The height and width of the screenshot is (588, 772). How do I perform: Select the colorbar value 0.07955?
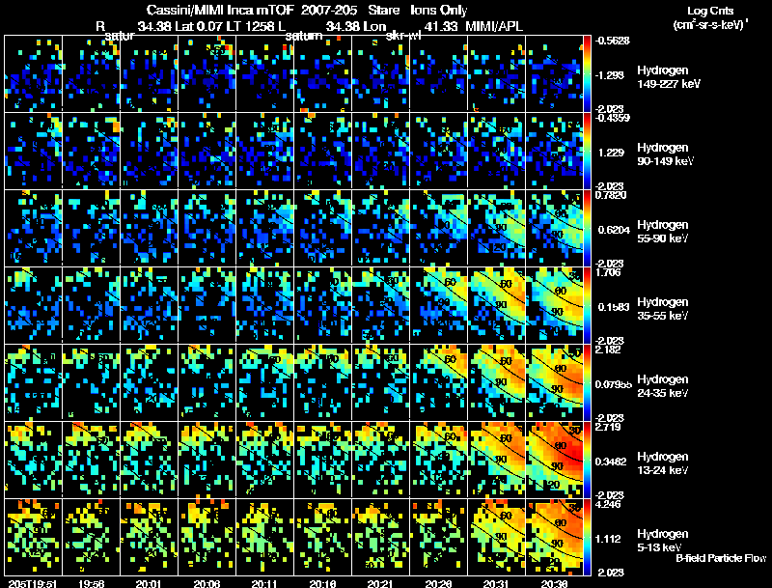tap(615, 383)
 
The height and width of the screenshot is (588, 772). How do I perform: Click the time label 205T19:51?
tap(31, 582)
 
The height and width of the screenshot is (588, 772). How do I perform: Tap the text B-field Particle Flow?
tap(722, 558)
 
